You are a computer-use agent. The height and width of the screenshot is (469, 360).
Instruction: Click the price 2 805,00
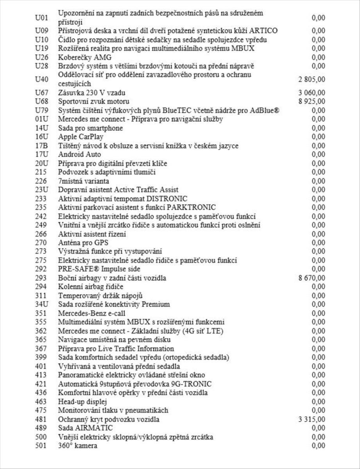312,79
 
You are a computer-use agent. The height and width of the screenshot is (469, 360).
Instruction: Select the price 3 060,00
312,93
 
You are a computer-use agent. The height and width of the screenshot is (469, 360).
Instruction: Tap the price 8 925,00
312,102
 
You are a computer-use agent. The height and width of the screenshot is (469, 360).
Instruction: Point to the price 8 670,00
312,278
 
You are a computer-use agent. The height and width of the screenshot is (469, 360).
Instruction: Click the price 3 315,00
312,419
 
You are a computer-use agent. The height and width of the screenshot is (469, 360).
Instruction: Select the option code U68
41,102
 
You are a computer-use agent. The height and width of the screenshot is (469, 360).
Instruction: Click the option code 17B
41,146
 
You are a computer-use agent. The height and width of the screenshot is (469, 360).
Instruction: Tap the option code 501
41,446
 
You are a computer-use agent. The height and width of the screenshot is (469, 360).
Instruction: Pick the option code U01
41,18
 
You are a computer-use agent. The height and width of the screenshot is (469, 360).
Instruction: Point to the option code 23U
41,190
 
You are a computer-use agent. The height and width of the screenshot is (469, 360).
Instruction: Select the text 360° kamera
78,446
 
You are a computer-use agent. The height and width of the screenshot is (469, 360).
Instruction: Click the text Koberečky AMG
79,57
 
